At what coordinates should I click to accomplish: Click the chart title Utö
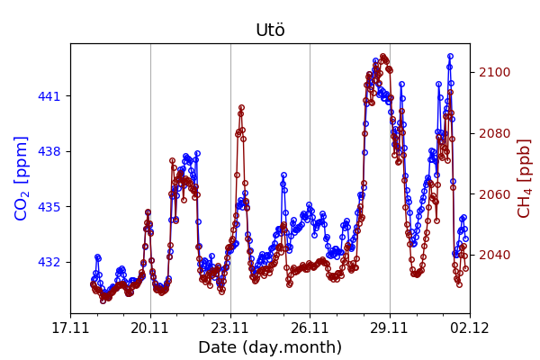tap(270, 31)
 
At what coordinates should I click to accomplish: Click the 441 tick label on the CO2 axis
tap(49, 96)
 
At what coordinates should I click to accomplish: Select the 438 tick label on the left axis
tap(49, 151)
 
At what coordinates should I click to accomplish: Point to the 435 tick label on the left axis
tap(49, 207)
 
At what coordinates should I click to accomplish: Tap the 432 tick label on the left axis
tap(49, 262)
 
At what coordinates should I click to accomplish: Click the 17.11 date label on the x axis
tap(70, 328)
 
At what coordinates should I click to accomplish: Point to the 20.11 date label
tap(150, 328)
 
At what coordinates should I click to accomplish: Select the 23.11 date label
tap(230, 328)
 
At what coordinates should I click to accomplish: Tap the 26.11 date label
tap(310, 328)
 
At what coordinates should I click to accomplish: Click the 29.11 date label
tap(390, 328)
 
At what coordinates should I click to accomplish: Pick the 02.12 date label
tap(469, 328)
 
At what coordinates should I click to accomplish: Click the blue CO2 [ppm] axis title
tap(22, 178)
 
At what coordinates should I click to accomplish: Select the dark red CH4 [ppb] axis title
tap(525, 178)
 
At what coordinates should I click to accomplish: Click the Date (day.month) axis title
tap(270, 347)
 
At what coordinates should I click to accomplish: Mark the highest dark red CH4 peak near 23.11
tap(241, 108)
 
